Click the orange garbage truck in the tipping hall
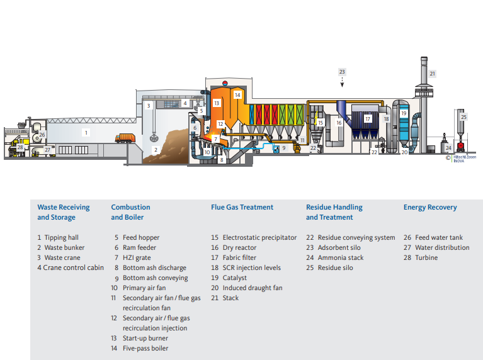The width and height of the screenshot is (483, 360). point(125,138)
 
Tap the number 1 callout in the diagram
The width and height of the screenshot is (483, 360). point(87,133)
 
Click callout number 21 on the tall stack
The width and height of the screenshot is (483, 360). point(432,74)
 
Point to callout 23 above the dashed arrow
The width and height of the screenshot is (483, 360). point(342,72)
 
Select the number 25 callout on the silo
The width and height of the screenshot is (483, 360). point(463,116)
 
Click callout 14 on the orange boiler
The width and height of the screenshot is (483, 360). point(237,95)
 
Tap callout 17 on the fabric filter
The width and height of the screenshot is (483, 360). point(368,118)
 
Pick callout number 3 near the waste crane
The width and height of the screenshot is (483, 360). point(149,106)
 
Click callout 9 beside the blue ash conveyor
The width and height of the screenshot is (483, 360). point(283,148)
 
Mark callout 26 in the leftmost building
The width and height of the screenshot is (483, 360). point(42,135)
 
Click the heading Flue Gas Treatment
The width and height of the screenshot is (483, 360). point(242,207)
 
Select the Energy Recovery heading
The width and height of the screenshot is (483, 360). point(430,207)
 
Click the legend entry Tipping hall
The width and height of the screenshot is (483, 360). point(60,237)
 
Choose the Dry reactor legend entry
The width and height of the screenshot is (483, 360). point(241,247)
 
